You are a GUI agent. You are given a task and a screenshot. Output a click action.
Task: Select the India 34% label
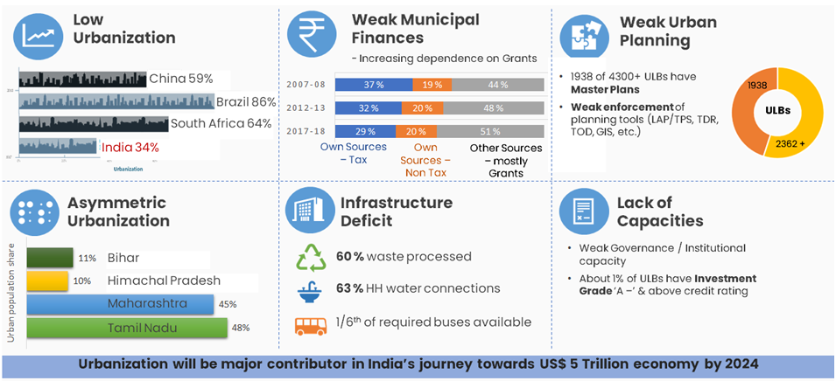pyautogui.click(x=130, y=147)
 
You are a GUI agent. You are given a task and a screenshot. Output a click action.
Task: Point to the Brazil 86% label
pyautogui.click(x=245, y=101)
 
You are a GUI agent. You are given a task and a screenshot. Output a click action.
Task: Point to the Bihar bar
pyautogui.click(x=50, y=258)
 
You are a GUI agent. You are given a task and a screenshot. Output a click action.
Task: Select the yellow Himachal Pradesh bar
pyautogui.click(x=47, y=281)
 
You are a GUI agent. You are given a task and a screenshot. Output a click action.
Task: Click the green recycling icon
pyautogui.click(x=312, y=257)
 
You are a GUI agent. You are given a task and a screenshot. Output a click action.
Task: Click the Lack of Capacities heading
pyautogui.click(x=661, y=211)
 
